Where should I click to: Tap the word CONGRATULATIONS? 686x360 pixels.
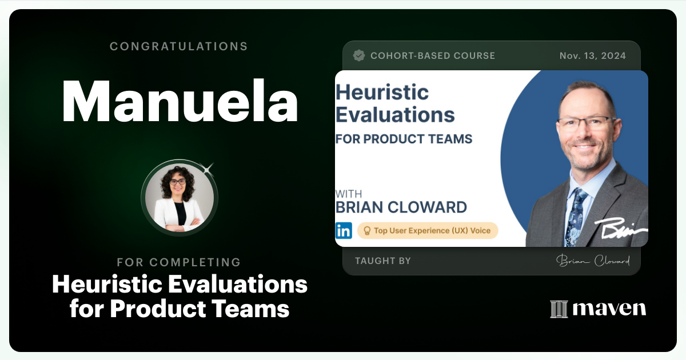click(179, 46)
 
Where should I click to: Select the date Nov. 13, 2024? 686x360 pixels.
click(592, 55)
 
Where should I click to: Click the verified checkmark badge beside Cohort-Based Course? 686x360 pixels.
click(359, 55)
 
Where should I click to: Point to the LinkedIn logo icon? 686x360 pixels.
click(344, 230)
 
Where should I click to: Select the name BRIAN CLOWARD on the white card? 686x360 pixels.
click(401, 207)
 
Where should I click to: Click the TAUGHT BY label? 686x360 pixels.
click(382, 261)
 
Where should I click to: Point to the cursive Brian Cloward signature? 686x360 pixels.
click(593, 261)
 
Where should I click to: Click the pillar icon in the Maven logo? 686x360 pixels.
click(558, 309)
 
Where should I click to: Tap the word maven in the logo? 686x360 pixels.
click(609, 309)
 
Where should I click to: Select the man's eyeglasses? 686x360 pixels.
click(587, 123)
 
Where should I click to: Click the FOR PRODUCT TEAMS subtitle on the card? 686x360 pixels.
click(404, 139)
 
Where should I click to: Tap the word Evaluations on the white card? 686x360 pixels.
click(395, 114)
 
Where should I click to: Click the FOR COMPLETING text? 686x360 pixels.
click(179, 262)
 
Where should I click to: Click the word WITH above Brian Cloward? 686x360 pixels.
click(349, 194)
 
